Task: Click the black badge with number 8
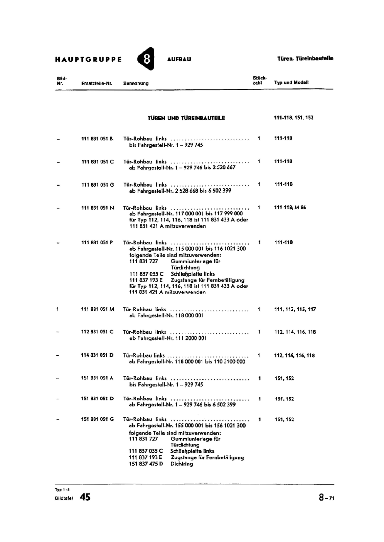(x=146, y=59)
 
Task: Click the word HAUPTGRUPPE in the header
(x=88, y=59)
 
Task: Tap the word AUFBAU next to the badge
(x=179, y=59)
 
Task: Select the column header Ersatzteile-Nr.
(x=97, y=83)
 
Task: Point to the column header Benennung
(x=136, y=83)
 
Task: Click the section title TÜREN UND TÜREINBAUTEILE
(x=186, y=118)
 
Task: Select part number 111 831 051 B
(x=97, y=139)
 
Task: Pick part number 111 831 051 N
(x=97, y=208)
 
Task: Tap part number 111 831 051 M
(x=98, y=309)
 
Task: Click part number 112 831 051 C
(x=97, y=332)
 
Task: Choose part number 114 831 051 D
(x=97, y=355)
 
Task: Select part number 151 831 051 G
(x=97, y=419)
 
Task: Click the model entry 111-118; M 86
(x=290, y=208)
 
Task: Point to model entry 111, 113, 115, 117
(x=295, y=309)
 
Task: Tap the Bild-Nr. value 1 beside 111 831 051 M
(x=58, y=309)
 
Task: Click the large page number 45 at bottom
(x=85, y=497)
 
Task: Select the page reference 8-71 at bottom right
(x=326, y=498)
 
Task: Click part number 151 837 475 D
(x=146, y=464)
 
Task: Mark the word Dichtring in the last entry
(x=182, y=464)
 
